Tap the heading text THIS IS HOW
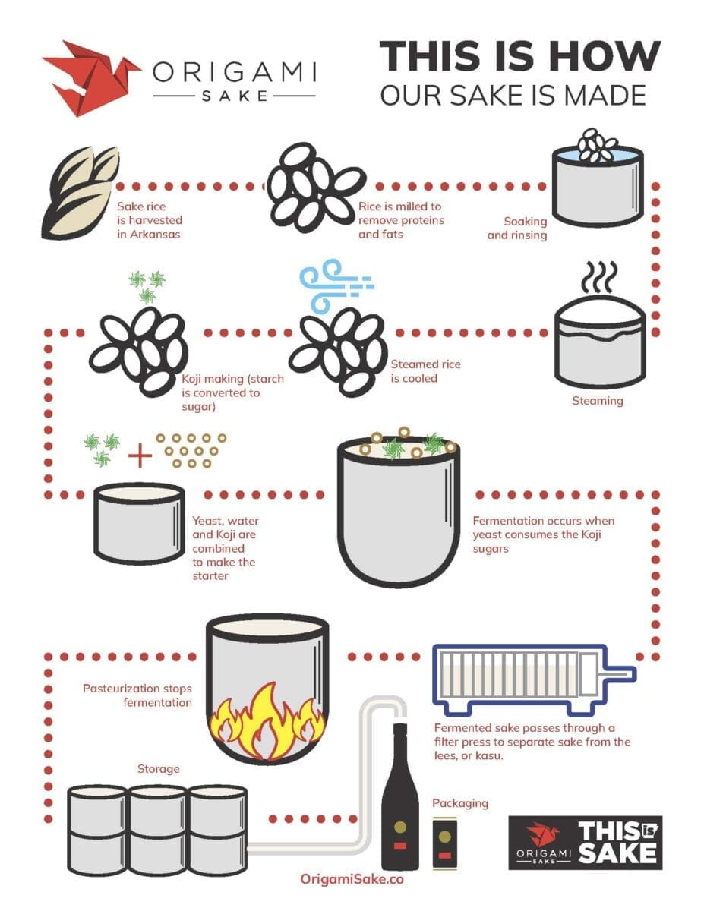(519, 57)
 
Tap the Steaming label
(598, 400)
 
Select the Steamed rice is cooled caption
(425, 371)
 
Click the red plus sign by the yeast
(140, 455)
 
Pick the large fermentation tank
(398, 517)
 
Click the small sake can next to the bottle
(444, 842)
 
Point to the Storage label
(158, 769)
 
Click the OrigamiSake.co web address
(352, 879)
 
